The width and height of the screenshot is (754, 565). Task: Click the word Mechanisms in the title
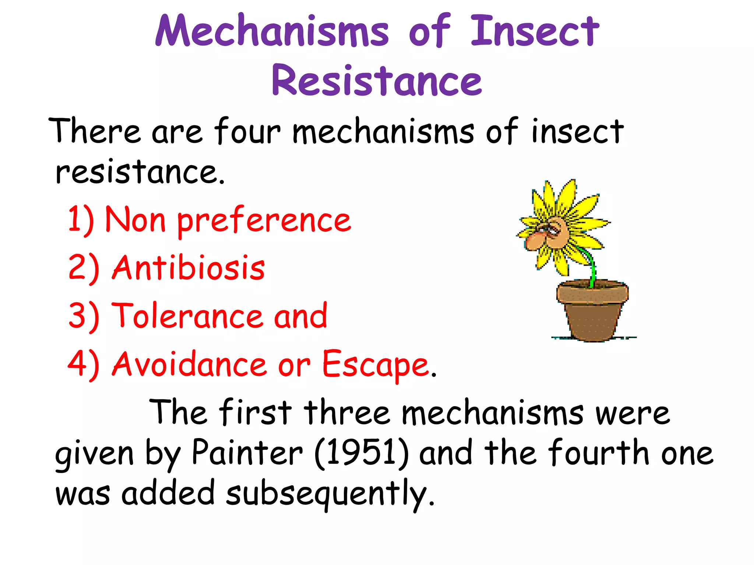pyautogui.click(x=272, y=31)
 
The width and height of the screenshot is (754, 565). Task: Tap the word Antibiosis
pyautogui.click(x=188, y=268)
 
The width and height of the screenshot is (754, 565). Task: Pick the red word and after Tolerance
pyautogui.click(x=300, y=316)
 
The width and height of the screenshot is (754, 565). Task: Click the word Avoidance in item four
pyautogui.click(x=189, y=364)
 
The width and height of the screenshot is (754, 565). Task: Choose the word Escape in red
pyautogui.click(x=376, y=364)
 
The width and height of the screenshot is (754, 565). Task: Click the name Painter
pyautogui.click(x=247, y=453)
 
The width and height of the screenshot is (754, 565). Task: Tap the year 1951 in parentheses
pyautogui.click(x=362, y=453)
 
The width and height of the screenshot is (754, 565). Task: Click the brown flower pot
pyautogui.click(x=592, y=313)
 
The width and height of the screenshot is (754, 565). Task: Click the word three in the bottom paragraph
pyautogui.click(x=346, y=413)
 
